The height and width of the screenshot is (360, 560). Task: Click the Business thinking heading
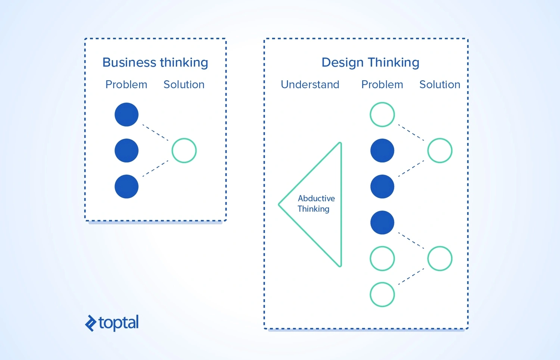[155, 62]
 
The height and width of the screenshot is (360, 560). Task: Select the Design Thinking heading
[370, 62]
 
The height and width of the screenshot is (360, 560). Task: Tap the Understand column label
[310, 84]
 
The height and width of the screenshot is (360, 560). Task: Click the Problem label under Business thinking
[126, 84]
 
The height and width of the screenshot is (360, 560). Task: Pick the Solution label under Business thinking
[184, 84]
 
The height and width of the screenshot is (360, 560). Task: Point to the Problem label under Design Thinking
[382, 84]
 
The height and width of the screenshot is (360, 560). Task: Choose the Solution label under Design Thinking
[440, 84]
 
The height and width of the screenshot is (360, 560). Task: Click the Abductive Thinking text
[316, 204]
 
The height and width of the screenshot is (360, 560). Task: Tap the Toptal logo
[112, 323]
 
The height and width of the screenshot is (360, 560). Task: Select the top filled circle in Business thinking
[127, 115]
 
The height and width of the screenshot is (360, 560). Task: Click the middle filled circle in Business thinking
[127, 150]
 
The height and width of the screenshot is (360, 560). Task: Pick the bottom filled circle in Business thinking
[127, 186]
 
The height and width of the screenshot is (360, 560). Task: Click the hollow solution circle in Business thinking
[184, 150]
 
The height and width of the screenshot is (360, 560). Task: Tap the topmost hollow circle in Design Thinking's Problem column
[382, 115]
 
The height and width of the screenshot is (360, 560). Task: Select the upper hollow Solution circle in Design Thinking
[440, 150]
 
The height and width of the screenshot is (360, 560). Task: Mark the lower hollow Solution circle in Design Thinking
[440, 258]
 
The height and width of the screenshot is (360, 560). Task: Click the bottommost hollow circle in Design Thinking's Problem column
[382, 294]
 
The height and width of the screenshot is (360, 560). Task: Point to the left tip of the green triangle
[280, 204]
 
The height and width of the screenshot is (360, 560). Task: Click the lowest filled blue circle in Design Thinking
[382, 223]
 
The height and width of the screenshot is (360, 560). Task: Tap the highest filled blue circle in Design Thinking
[382, 150]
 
